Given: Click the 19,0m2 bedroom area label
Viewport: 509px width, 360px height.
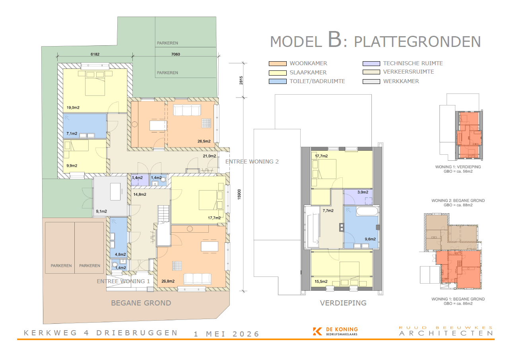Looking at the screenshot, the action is (73, 107).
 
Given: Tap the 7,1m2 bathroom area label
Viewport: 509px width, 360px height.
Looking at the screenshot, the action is (72, 133).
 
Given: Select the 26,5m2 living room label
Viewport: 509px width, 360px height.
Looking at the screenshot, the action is (204, 141).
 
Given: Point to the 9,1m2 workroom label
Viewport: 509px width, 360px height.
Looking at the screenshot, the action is (101, 211).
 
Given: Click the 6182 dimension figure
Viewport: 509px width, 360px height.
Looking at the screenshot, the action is (95, 54).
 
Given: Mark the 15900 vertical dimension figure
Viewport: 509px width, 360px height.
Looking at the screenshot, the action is (239, 194).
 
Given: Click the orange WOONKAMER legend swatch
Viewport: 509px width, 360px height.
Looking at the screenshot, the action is (278, 64).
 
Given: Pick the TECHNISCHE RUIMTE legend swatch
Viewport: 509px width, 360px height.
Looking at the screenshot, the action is (371, 64).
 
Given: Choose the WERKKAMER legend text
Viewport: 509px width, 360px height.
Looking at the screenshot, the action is (401, 81).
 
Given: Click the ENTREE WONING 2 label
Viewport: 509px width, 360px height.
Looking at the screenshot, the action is (252, 162).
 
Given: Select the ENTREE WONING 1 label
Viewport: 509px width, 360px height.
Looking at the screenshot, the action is (123, 281).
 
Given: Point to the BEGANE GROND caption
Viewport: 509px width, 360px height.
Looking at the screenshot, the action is (141, 303).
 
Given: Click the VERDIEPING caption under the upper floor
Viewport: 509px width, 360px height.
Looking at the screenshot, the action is (343, 303).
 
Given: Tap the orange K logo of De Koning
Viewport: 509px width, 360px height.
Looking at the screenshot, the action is (317, 331).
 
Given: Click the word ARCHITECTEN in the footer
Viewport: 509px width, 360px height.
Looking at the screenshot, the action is (446, 333).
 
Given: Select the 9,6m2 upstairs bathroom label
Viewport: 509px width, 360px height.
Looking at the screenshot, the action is (370, 239).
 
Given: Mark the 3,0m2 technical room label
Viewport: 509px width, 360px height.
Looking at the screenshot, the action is (363, 192).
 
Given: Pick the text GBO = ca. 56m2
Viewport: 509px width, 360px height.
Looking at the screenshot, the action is (458, 171).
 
